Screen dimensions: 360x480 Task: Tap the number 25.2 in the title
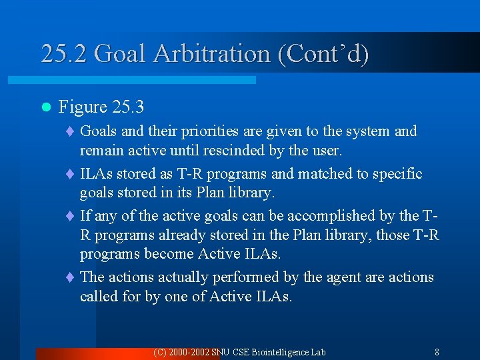[64, 54]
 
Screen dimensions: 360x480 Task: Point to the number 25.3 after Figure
[128, 107]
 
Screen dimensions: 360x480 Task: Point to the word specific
[397, 174]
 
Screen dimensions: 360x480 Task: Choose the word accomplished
[311, 216]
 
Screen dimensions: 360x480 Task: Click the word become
[165, 254]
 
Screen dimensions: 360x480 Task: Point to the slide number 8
[437, 352]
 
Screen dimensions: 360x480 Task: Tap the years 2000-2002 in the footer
[189, 352]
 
